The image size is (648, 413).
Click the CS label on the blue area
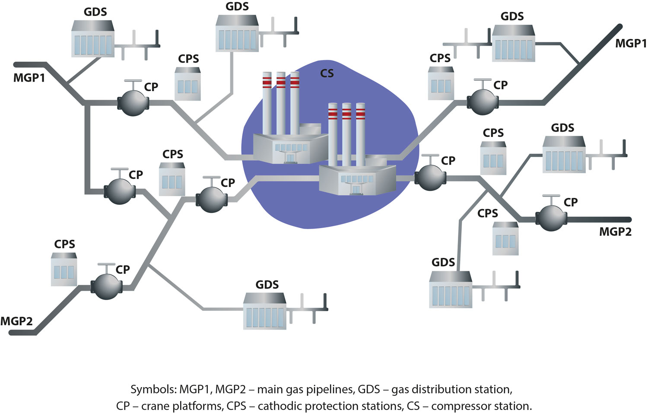click(x=327, y=73)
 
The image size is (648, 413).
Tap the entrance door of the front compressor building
click(x=357, y=189)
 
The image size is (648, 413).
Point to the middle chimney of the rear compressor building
click(x=281, y=104)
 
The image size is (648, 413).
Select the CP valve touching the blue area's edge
click(x=430, y=176)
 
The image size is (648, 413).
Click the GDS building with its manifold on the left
click(x=514, y=43)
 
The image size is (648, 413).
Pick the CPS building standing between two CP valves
click(x=172, y=179)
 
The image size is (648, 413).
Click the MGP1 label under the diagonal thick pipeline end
click(x=631, y=43)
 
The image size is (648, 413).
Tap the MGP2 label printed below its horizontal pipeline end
click(x=615, y=232)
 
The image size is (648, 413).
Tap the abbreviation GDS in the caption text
click(x=369, y=390)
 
